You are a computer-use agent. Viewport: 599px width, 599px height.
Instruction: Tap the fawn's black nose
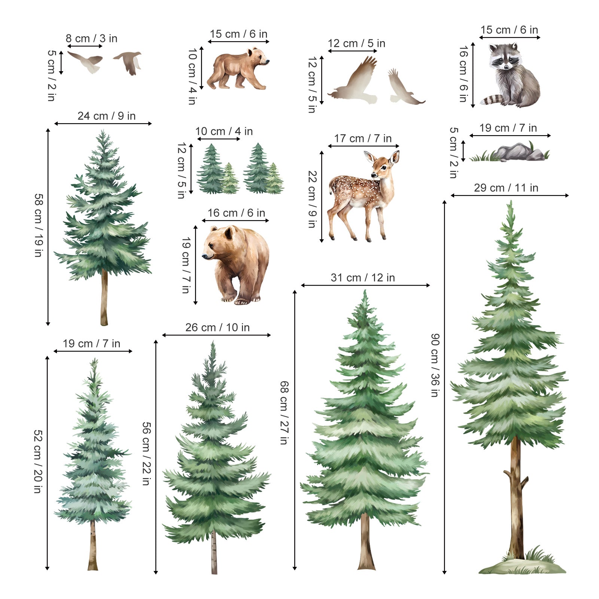coord(373,174)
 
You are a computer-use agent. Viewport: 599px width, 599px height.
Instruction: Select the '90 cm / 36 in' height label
coord(434,365)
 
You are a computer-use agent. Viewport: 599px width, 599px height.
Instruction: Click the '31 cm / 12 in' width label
coord(363,278)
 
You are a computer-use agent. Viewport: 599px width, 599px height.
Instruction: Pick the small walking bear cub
coord(238,69)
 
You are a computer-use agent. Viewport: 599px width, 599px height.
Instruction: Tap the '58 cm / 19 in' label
coord(39,225)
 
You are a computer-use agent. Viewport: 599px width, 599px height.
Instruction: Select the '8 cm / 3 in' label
coord(92,39)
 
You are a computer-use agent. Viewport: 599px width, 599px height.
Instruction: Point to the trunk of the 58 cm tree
coord(104,298)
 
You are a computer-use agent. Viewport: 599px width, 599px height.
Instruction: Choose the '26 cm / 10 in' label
coord(218,328)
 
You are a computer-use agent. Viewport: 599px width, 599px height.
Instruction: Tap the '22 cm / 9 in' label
coord(312,199)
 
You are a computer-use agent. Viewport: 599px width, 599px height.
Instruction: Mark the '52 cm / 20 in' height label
coord(38,462)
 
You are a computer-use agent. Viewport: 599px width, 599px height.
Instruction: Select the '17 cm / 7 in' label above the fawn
coord(363,139)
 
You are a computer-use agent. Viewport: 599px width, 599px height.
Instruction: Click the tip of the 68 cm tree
coord(365,290)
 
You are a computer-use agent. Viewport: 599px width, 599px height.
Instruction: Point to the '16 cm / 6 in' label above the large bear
coord(236,213)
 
